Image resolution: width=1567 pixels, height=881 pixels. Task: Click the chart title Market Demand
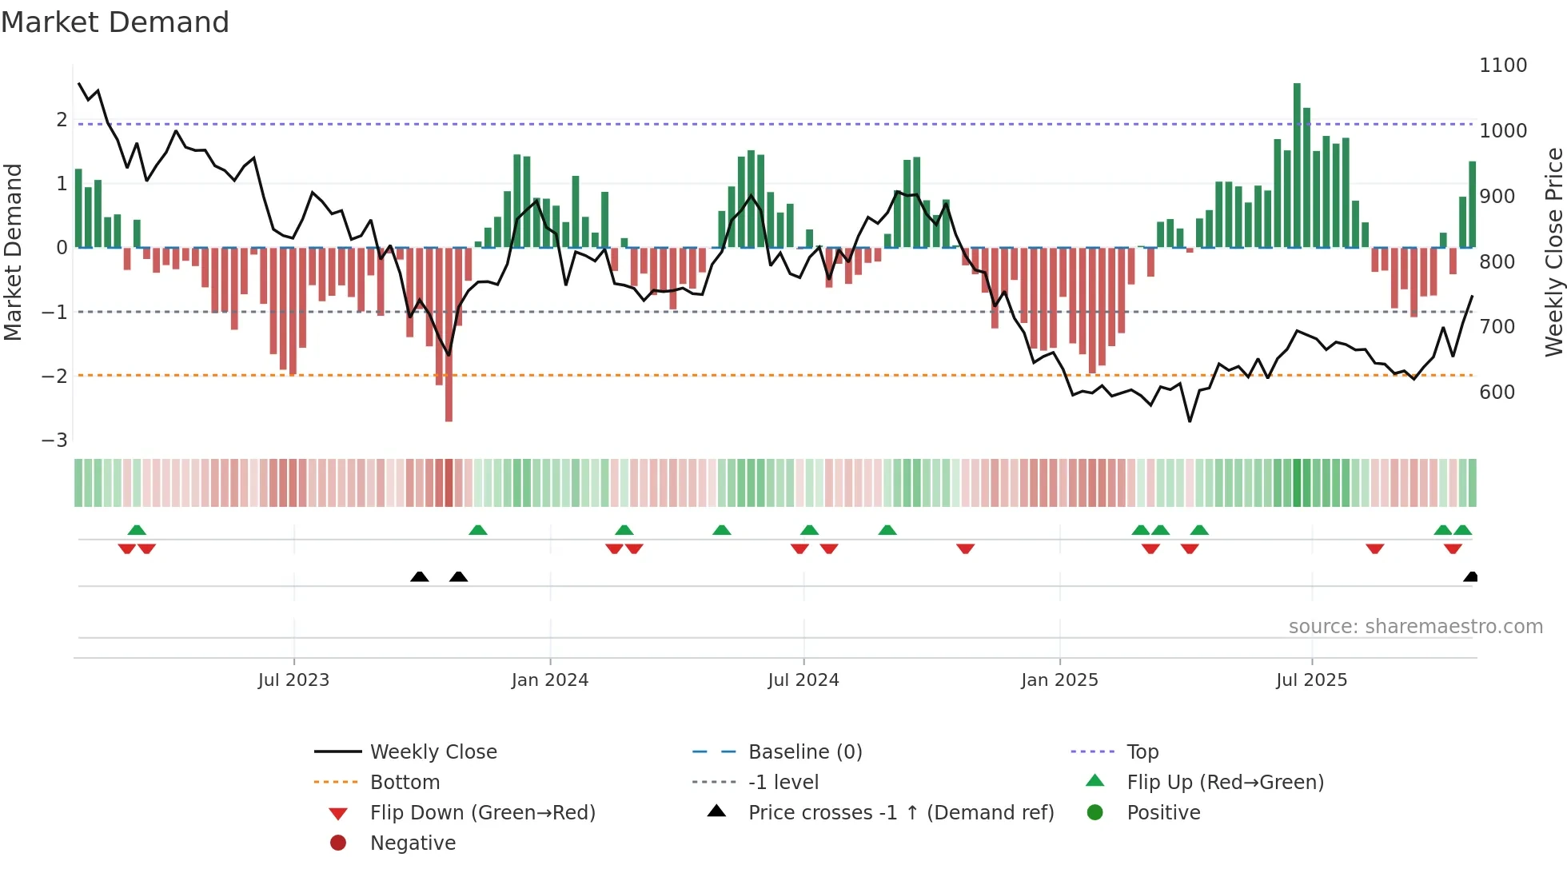(x=115, y=22)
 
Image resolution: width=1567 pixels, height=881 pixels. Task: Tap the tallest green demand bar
(x=1297, y=164)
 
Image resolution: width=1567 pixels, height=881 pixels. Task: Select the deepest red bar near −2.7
(x=449, y=336)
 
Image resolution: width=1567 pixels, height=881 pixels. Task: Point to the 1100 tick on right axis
(x=1502, y=66)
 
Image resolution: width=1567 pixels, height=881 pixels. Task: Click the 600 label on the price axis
(x=1497, y=393)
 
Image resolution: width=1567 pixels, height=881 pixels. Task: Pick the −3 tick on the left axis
(x=55, y=440)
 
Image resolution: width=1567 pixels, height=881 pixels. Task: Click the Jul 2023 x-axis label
(x=293, y=680)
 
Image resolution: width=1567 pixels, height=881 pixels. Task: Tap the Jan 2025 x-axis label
(x=1059, y=680)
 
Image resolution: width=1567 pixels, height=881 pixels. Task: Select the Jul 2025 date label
(x=1311, y=680)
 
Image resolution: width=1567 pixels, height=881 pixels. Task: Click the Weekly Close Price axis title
(x=1553, y=252)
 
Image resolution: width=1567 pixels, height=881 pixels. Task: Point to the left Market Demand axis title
(x=13, y=252)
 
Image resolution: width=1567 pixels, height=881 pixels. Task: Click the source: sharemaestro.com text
(x=1415, y=627)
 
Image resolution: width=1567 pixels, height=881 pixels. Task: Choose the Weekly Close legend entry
(x=433, y=752)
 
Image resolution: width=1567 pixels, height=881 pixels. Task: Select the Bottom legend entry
(x=405, y=783)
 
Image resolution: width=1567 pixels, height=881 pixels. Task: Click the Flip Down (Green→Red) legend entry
(x=482, y=813)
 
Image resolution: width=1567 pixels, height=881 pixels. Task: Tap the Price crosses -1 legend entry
(x=900, y=813)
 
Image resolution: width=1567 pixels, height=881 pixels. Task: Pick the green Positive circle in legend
(x=1095, y=813)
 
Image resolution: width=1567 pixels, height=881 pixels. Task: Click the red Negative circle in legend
(x=338, y=843)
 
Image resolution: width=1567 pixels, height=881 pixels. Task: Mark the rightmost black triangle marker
(x=1470, y=577)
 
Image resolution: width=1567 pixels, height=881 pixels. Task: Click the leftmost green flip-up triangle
(x=137, y=530)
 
